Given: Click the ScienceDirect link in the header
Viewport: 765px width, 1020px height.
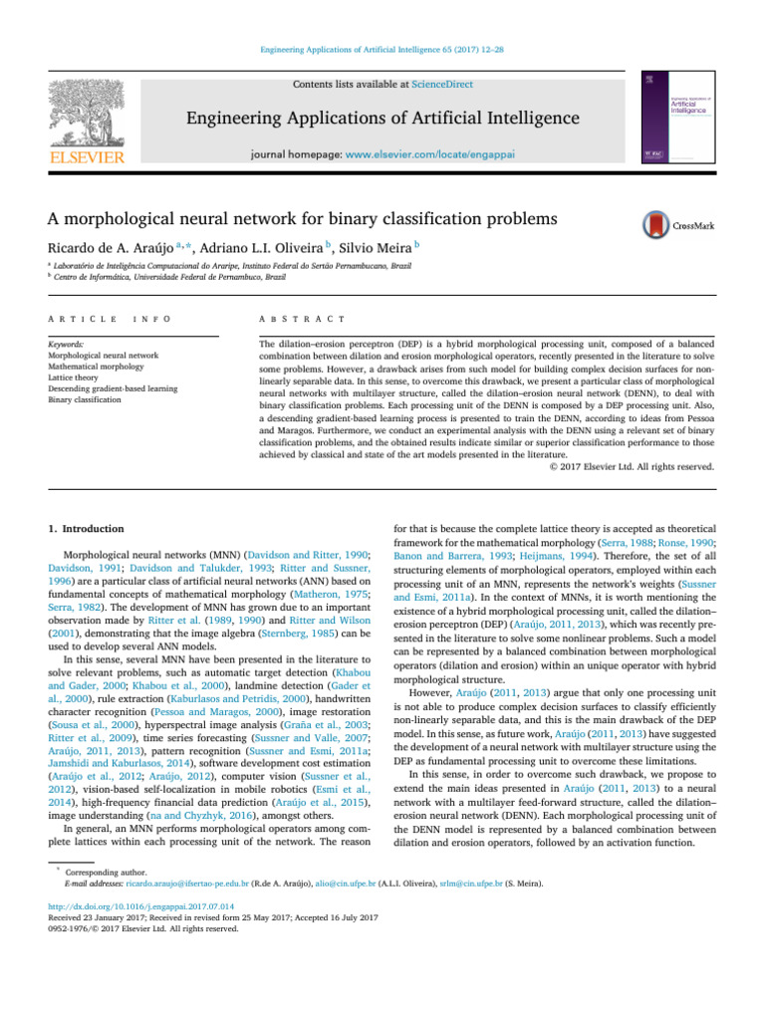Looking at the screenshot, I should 445,86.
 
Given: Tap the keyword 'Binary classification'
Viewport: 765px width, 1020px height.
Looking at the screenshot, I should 87,399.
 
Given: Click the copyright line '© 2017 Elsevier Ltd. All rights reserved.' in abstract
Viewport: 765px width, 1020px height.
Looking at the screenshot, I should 632,466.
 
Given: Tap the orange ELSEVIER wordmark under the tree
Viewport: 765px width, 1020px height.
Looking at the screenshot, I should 87,157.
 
